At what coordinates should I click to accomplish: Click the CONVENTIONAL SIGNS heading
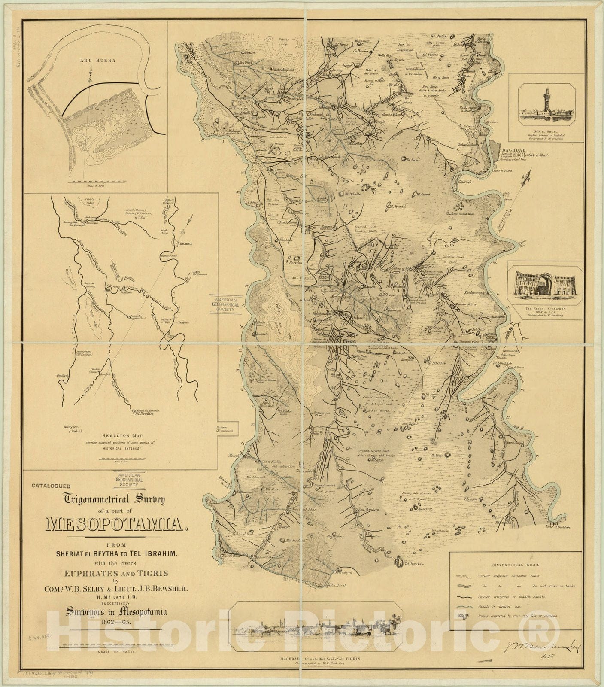click(x=515, y=565)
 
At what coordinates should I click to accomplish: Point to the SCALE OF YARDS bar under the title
click(x=117, y=645)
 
